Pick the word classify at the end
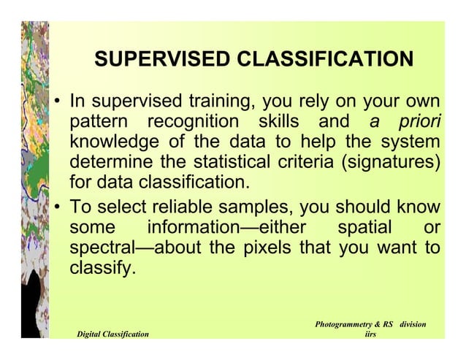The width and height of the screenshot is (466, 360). tap(102, 267)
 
